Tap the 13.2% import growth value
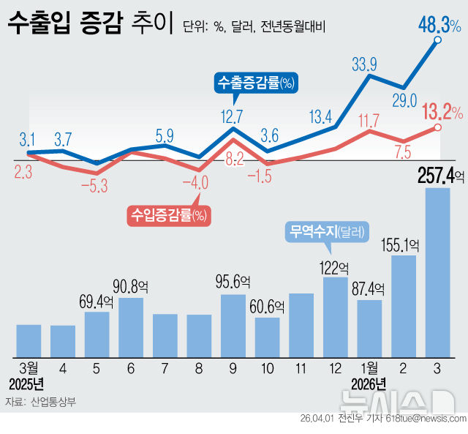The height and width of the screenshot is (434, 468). pos(439,112)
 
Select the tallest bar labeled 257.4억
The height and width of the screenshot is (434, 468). pos(437,271)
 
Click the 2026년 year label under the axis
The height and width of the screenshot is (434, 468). pos(369,384)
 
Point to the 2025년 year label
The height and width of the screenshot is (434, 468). pos(27,384)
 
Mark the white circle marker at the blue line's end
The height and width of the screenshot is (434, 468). pos(437,42)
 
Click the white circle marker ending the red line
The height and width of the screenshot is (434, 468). pos(437,128)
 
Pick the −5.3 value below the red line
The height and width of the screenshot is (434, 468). pos(94,186)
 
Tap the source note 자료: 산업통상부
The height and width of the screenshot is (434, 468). pos(40,402)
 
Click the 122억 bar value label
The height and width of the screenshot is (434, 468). pos(335,267)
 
